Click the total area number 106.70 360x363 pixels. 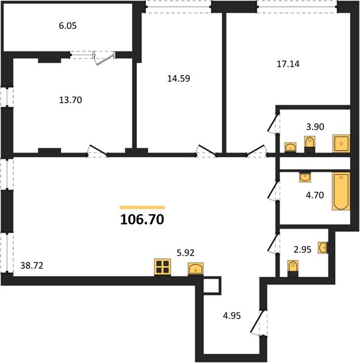[142, 220]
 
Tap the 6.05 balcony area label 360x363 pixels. [68, 25]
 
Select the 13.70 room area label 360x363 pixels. [70, 100]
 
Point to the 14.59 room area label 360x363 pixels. [178, 79]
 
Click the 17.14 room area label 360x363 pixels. [288, 64]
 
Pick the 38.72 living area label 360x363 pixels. [31, 266]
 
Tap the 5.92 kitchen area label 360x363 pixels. [185, 253]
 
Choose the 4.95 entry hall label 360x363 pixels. [232, 316]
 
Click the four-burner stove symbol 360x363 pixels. [163, 267]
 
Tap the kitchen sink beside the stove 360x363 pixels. [195, 269]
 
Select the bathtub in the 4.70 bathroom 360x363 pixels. [341, 191]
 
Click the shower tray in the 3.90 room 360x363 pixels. [341, 143]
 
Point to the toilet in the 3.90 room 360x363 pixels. [310, 145]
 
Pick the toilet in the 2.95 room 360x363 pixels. [293, 269]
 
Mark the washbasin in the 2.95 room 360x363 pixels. [322, 247]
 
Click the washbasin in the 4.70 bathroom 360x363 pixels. [305, 177]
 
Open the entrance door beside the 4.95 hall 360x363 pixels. [259, 323]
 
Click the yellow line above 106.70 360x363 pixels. [142, 208]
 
